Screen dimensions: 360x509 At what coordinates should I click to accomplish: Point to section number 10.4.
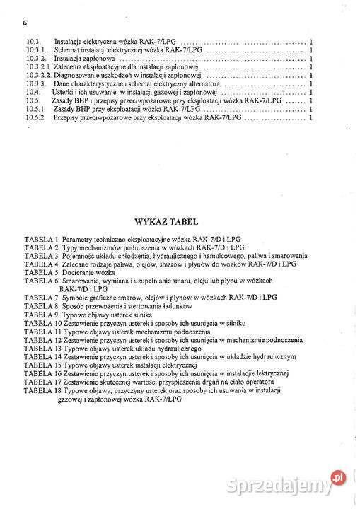(32, 92)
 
